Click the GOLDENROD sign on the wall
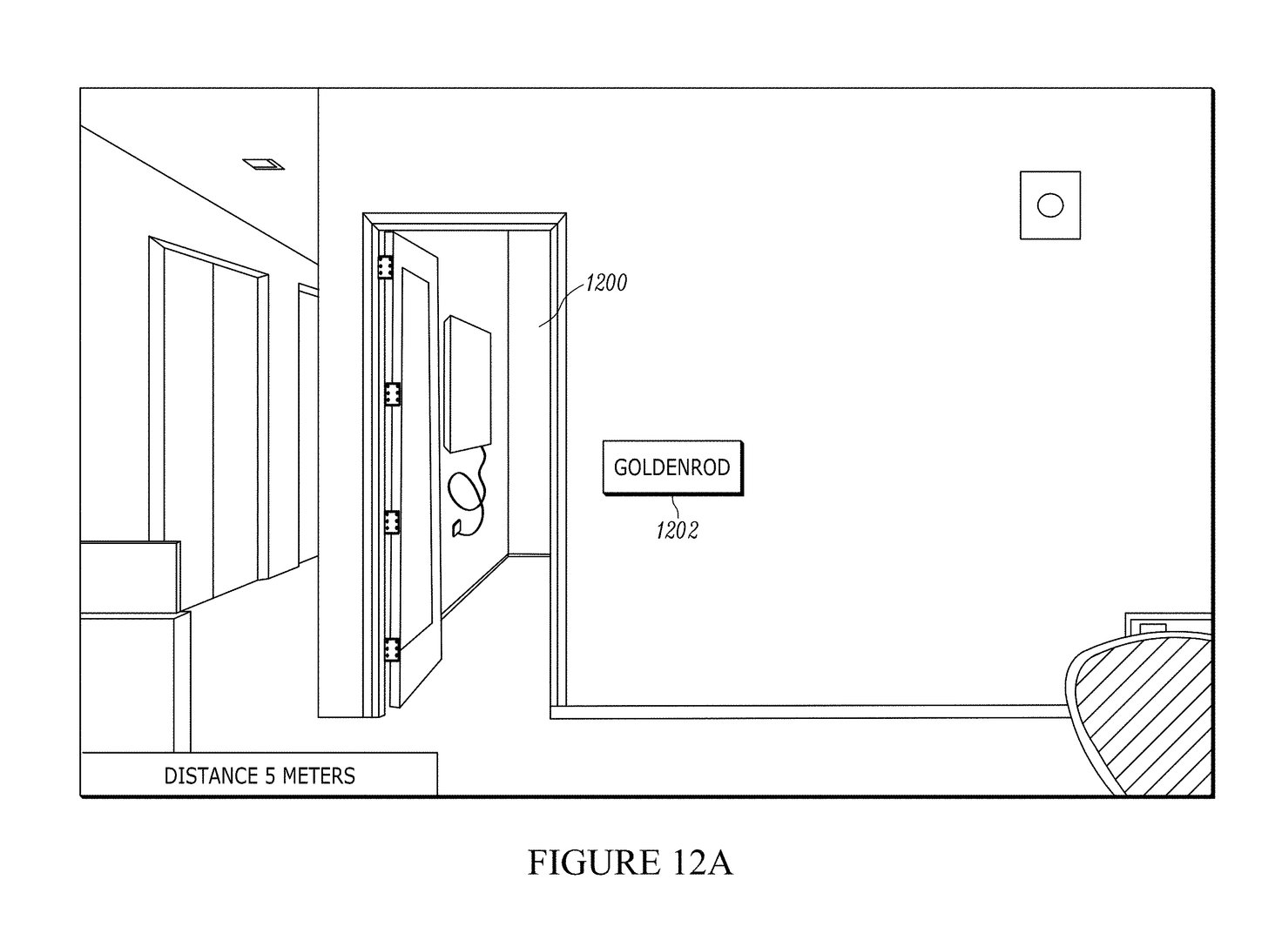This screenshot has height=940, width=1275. click(x=673, y=467)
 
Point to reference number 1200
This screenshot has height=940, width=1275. click(x=606, y=283)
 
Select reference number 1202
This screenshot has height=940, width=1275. click(x=677, y=530)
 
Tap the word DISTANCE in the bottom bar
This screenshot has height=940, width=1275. click(x=211, y=776)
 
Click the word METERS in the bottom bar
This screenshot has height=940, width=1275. click(x=319, y=776)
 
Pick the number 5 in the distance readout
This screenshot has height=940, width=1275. click(x=270, y=776)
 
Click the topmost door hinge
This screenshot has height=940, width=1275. click(x=385, y=266)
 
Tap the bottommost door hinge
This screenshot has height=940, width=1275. click(x=392, y=650)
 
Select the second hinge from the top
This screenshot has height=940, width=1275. click(x=392, y=394)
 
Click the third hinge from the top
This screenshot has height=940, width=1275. click(x=392, y=522)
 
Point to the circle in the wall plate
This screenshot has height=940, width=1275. click(x=1050, y=205)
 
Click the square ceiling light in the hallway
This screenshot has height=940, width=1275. click(x=264, y=164)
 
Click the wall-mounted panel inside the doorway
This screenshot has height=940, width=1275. click(x=468, y=384)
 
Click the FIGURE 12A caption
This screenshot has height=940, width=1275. click(x=631, y=863)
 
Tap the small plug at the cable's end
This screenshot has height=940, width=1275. click(x=457, y=529)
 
